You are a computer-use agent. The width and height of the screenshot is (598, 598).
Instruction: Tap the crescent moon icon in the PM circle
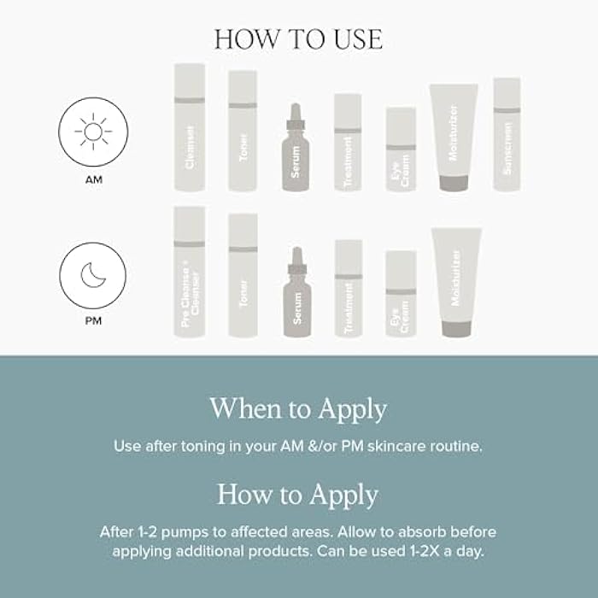(92, 276)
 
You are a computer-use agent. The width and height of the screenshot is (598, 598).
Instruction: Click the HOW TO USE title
(298, 39)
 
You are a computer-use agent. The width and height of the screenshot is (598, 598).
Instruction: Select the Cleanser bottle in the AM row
(190, 128)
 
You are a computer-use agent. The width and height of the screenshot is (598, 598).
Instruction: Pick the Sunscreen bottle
(507, 135)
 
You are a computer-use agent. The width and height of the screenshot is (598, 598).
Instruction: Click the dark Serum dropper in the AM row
(296, 149)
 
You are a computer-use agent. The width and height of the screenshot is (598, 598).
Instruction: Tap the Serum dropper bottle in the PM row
(296, 295)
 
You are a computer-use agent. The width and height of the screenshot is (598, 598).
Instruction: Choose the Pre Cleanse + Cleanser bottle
(190, 272)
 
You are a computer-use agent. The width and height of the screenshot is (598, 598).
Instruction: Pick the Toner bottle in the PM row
(243, 275)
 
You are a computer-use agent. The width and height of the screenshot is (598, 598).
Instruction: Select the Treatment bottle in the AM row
(348, 143)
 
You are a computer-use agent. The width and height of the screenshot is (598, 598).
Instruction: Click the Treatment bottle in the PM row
(349, 288)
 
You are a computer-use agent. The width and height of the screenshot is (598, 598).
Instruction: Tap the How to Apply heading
(298, 494)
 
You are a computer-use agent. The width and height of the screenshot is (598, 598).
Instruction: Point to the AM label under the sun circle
(92, 180)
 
